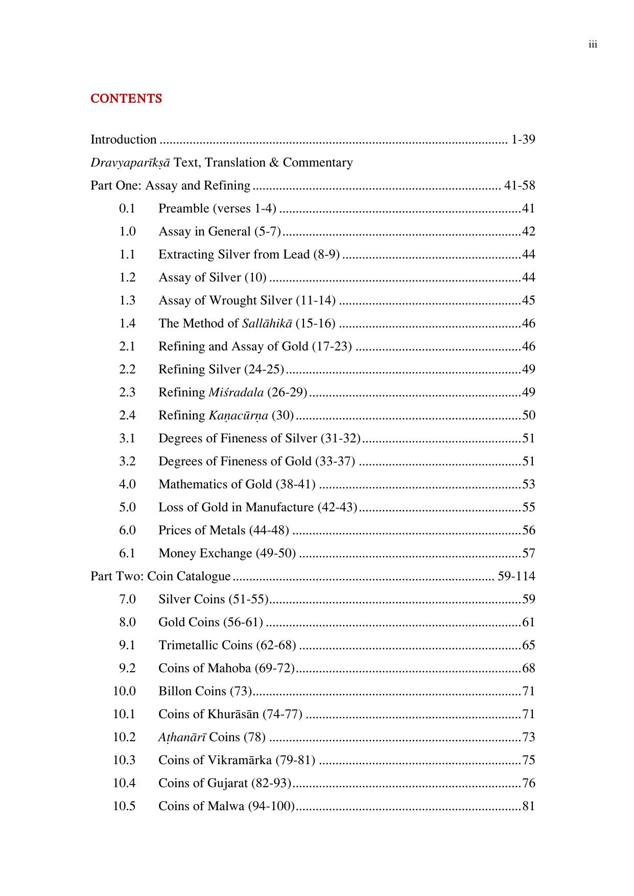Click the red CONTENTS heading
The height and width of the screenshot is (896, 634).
coord(126,99)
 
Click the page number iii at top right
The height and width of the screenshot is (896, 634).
coord(593,44)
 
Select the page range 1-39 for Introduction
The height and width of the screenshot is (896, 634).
coord(523,139)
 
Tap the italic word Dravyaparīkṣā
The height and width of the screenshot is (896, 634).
coord(130,163)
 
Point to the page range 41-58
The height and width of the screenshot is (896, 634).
coord(519,185)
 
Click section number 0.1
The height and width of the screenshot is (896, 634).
coord(127,208)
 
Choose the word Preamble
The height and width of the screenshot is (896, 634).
coord(183,208)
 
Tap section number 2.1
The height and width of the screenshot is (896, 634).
coord(127,346)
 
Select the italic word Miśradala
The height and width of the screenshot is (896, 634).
coord(236,392)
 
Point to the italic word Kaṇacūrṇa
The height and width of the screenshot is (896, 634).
coord(238,415)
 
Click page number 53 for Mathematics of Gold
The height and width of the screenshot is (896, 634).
coord(528,484)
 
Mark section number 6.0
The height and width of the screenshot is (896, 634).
coord(127,530)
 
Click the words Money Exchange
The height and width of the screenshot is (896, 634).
coord(205,553)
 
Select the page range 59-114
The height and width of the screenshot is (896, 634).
coord(516,576)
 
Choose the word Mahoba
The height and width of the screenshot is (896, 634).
coord(229,668)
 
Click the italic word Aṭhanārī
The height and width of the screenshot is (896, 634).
coord(182,737)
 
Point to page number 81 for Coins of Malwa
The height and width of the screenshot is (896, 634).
coord(528,806)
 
